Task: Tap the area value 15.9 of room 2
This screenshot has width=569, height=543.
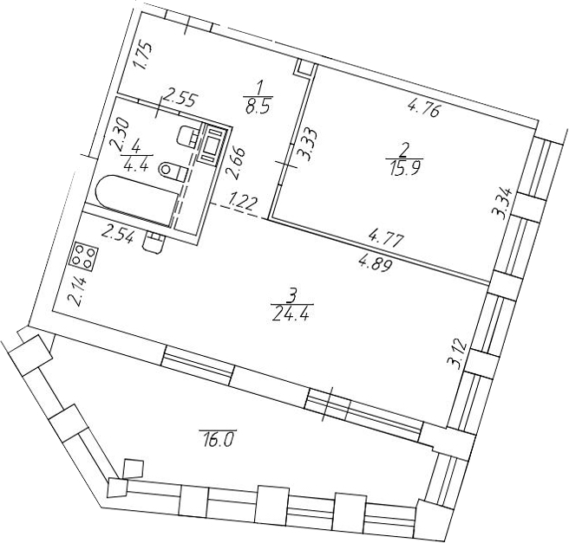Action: (x=404, y=168)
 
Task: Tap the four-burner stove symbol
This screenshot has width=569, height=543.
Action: (x=85, y=255)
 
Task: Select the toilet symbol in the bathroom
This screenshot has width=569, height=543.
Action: (x=173, y=171)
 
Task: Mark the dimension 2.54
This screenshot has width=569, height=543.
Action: (x=118, y=235)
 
